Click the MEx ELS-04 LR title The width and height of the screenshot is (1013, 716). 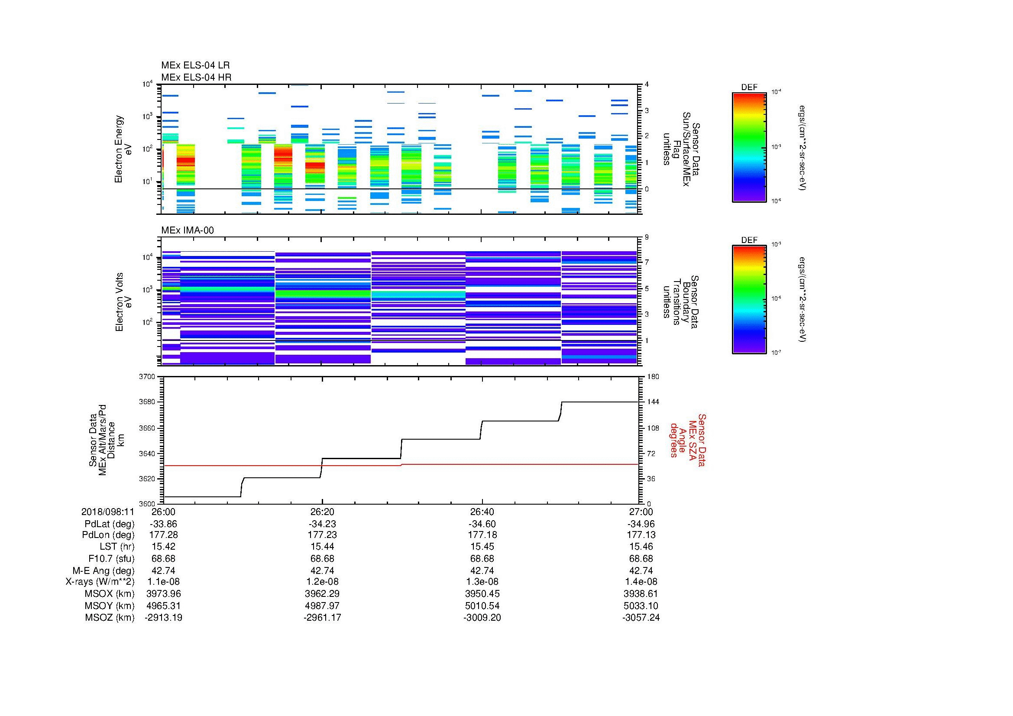[x=195, y=65]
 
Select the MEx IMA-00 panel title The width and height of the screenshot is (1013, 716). [x=187, y=230]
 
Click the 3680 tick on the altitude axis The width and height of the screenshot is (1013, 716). [x=147, y=402]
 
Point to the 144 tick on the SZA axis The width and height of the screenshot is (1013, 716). [x=653, y=402]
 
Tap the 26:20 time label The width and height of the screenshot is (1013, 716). [x=322, y=512]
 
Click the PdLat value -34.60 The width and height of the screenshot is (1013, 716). [x=482, y=524]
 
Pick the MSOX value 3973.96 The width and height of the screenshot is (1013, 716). [x=163, y=594]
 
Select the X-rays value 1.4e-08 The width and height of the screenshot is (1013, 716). [x=641, y=582]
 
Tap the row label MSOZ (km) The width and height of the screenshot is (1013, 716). [x=110, y=618]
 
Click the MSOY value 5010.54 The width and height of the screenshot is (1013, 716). [x=482, y=606]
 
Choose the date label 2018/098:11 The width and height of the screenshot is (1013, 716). [x=108, y=512]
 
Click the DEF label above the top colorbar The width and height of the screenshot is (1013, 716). [x=749, y=87]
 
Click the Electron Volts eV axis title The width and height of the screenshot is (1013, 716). [x=123, y=302]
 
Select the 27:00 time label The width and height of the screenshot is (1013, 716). [x=641, y=512]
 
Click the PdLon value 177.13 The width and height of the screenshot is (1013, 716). [x=641, y=535]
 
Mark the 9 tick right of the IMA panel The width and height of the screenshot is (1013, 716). [x=647, y=237]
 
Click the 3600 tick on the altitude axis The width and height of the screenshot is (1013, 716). [x=147, y=504]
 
